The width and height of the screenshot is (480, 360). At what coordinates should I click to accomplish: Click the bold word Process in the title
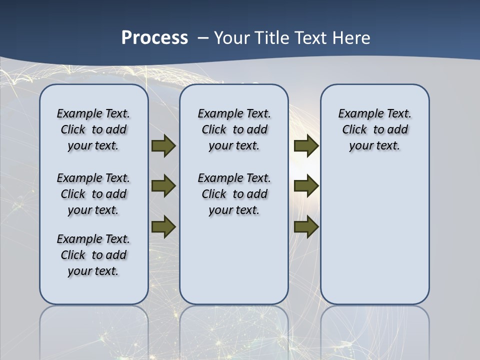click(154, 38)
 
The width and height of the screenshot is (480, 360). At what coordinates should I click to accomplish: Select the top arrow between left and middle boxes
click(163, 145)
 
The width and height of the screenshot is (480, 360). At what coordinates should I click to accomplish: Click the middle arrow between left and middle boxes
click(163, 186)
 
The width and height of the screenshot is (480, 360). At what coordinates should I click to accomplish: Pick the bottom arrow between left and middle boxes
click(163, 226)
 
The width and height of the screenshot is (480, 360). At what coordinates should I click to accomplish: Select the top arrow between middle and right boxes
click(306, 145)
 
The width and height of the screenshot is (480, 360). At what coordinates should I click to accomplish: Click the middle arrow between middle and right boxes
click(306, 186)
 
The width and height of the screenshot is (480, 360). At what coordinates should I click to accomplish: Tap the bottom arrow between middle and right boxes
click(306, 226)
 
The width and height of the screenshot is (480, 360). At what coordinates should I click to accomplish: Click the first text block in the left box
click(93, 129)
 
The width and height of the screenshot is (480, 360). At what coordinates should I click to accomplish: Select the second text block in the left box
click(93, 194)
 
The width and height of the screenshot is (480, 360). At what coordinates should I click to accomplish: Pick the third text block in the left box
click(93, 255)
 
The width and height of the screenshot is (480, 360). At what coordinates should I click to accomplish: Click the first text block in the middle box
click(234, 129)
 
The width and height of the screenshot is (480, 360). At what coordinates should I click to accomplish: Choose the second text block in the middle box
click(234, 194)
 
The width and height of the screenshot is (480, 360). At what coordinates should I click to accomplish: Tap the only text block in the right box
click(374, 129)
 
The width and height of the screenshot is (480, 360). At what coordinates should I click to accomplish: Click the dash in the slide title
click(203, 38)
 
